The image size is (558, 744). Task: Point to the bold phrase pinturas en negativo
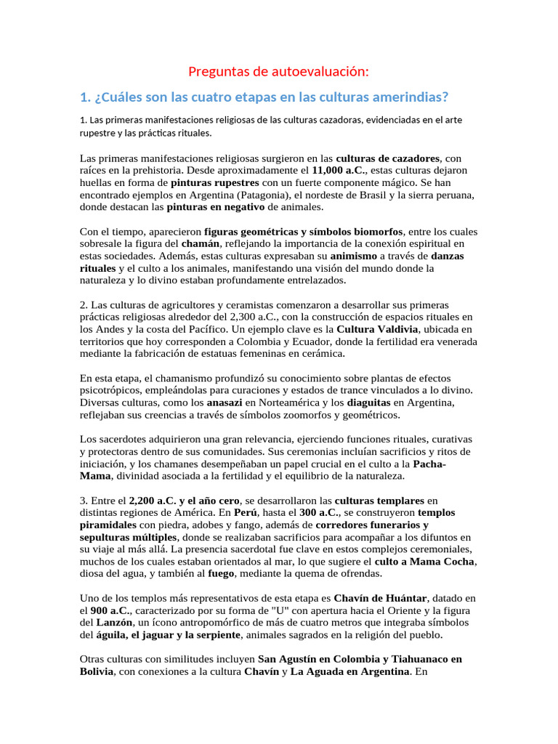[216, 207]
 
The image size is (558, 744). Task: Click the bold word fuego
[221, 573]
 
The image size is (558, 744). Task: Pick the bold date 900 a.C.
[113, 610]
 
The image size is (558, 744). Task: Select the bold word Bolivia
[97, 671]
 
